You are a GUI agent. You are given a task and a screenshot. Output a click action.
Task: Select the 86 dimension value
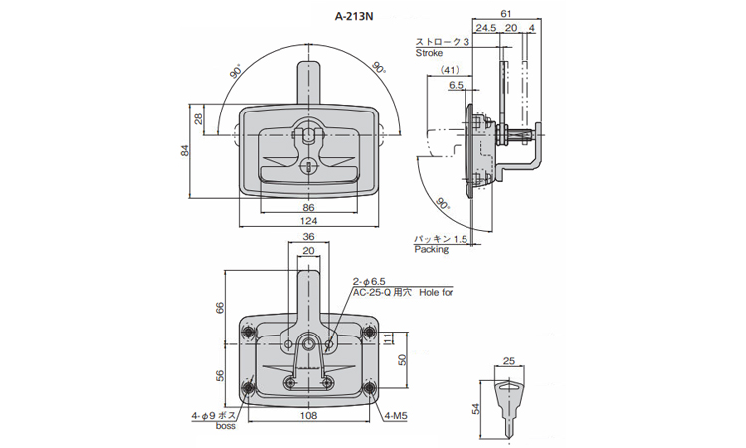pos(308,207)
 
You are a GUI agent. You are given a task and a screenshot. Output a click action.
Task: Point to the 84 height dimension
pos(184,151)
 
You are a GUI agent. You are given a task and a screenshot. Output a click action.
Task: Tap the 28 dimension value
pos(198,119)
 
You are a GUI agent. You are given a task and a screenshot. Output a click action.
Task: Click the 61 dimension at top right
pos(505,13)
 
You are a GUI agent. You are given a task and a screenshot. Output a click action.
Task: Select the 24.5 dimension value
pos(486,28)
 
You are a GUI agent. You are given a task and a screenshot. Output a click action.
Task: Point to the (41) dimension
pos(449,70)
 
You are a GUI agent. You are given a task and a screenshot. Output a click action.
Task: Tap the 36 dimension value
pos(308,238)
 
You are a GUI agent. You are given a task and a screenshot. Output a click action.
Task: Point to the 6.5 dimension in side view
pos(457,86)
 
